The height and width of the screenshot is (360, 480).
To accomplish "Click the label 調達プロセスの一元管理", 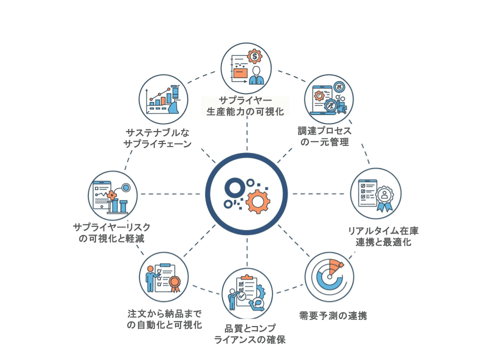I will [x=325, y=136].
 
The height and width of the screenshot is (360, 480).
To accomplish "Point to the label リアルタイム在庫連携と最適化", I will [x=383, y=236].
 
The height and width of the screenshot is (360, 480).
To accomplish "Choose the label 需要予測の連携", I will [x=333, y=316].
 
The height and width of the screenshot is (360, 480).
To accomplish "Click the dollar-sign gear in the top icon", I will [x=255, y=55].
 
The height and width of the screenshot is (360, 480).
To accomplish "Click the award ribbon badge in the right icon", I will [x=384, y=196].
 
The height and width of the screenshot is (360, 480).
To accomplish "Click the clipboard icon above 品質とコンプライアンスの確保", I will [x=247, y=292].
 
